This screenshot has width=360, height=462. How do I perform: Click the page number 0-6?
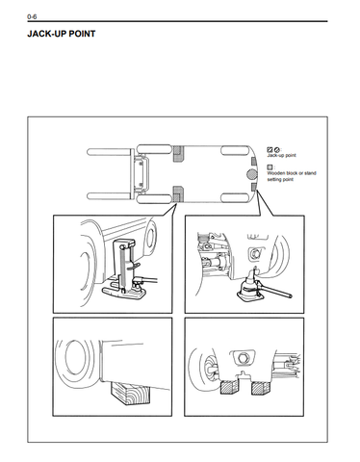point(32,16)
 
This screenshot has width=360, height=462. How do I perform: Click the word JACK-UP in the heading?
point(46,34)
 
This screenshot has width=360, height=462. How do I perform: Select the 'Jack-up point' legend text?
point(281,155)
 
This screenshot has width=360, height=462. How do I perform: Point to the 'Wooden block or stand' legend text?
point(292,173)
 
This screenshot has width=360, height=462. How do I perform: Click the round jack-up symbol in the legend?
point(277,149)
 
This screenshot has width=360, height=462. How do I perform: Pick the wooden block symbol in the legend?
point(270,167)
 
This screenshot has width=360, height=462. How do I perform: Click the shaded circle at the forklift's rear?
point(252,174)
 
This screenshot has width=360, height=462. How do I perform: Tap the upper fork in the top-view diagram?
point(109,152)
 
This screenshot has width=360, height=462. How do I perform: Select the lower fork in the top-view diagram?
point(109,196)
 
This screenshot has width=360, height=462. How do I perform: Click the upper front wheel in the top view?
point(154,149)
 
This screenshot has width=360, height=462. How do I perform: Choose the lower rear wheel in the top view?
point(234,197)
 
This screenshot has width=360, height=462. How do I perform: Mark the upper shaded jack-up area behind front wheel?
point(178,154)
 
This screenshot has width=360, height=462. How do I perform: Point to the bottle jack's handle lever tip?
point(290,295)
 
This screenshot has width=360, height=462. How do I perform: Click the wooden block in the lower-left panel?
point(131,393)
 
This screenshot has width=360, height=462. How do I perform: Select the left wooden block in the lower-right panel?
point(229,388)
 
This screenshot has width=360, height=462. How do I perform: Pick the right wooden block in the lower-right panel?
point(260,388)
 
